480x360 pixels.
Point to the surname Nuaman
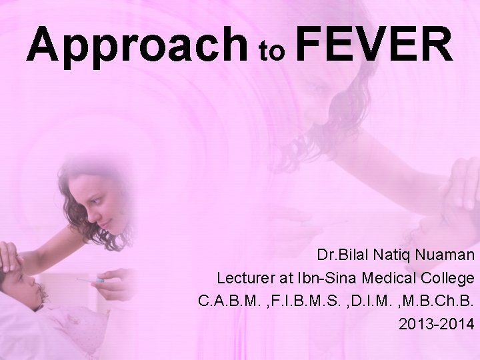coord(446,255)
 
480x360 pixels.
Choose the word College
coord(444,277)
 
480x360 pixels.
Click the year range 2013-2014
coord(437,323)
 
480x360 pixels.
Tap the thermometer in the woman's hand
coord(92,281)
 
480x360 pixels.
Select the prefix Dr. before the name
coord(327,255)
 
